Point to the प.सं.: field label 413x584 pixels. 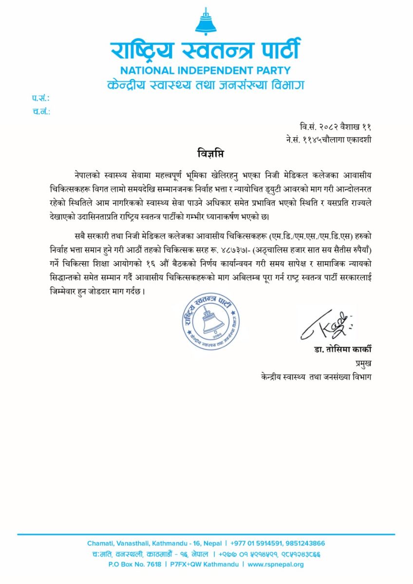click(x=41, y=99)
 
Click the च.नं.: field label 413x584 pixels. click(x=41, y=111)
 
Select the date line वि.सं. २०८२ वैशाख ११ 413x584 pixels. click(x=336, y=127)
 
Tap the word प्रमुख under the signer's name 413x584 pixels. click(x=363, y=363)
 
